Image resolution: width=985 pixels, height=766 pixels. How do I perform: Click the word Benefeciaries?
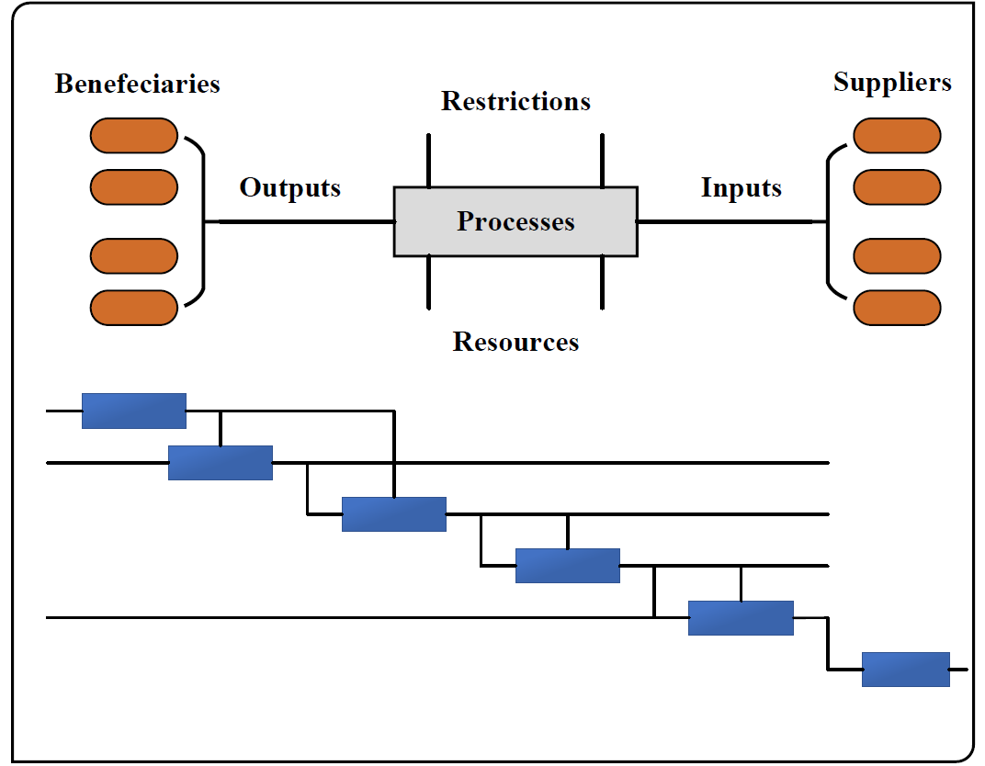(138, 84)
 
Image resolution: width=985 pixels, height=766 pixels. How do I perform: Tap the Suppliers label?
(892, 83)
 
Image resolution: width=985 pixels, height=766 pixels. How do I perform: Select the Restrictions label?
(515, 101)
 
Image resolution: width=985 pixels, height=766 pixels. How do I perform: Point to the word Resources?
(515, 342)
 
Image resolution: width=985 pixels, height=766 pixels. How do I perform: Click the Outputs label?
(290, 187)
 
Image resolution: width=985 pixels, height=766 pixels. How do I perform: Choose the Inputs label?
(742, 187)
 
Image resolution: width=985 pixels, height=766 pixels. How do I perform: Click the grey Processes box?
(515, 221)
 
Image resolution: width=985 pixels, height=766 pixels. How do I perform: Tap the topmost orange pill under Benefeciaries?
(134, 136)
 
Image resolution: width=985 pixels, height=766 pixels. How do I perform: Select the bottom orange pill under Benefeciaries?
(134, 308)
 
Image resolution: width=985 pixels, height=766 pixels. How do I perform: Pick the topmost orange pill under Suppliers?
(897, 136)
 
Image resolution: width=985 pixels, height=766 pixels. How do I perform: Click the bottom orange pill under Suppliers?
(897, 308)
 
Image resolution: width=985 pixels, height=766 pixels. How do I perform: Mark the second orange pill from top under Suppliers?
(897, 187)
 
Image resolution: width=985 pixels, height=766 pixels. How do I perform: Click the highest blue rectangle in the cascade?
(134, 411)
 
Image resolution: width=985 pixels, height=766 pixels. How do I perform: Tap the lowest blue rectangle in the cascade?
(906, 670)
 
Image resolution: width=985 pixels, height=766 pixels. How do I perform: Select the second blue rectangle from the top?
(221, 463)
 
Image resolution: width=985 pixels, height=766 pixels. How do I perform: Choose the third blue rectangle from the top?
(394, 514)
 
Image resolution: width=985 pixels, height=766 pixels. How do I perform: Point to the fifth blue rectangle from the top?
(741, 618)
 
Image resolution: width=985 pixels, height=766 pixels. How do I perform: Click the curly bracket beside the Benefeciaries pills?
(204, 221)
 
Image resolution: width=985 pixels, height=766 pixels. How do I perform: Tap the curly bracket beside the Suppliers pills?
(827, 221)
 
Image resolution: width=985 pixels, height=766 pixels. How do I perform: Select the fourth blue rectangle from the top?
(568, 566)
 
